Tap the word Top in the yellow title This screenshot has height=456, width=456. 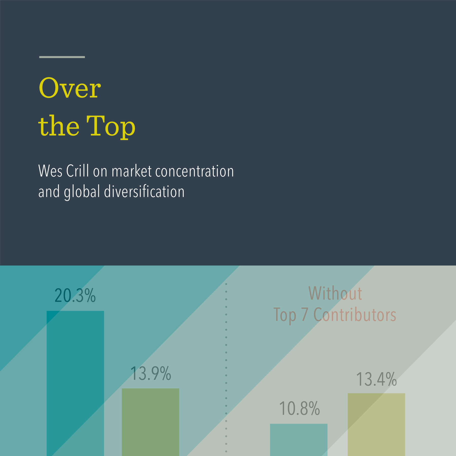(111, 126)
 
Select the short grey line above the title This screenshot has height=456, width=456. (62, 57)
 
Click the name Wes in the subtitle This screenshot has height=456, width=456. (50, 171)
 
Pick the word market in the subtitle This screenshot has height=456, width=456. (131, 171)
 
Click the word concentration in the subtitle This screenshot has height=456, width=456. (194, 171)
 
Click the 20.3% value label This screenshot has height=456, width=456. (75, 295)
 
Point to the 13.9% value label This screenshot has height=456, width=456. (150, 373)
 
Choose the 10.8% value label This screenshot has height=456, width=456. (299, 408)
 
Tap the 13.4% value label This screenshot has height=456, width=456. (376, 379)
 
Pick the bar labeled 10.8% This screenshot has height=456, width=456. (299, 440)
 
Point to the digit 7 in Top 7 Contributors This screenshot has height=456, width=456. (305, 315)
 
